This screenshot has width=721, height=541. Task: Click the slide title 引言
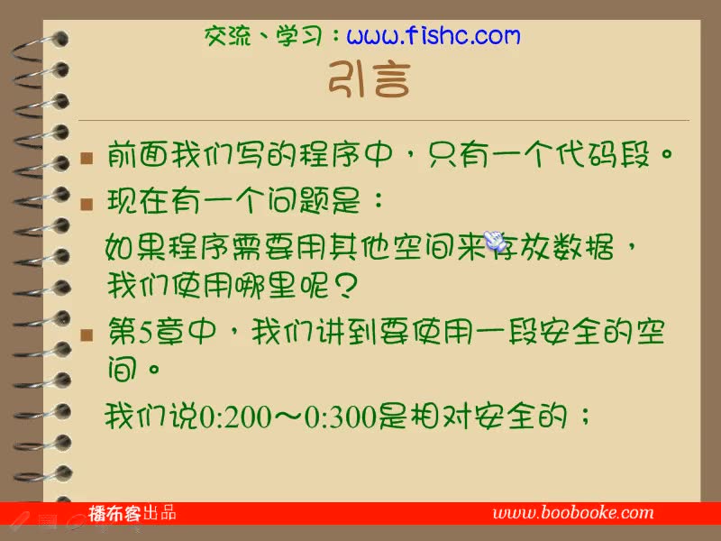click(x=369, y=80)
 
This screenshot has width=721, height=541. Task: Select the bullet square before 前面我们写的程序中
click(x=87, y=159)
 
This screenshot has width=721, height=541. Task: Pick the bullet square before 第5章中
click(x=87, y=336)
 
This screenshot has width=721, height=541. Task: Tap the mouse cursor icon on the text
click(x=495, y=241)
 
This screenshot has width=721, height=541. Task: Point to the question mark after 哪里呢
click(x=344, y=287)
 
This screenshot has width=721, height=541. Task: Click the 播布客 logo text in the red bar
click(x=114, y=514)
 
